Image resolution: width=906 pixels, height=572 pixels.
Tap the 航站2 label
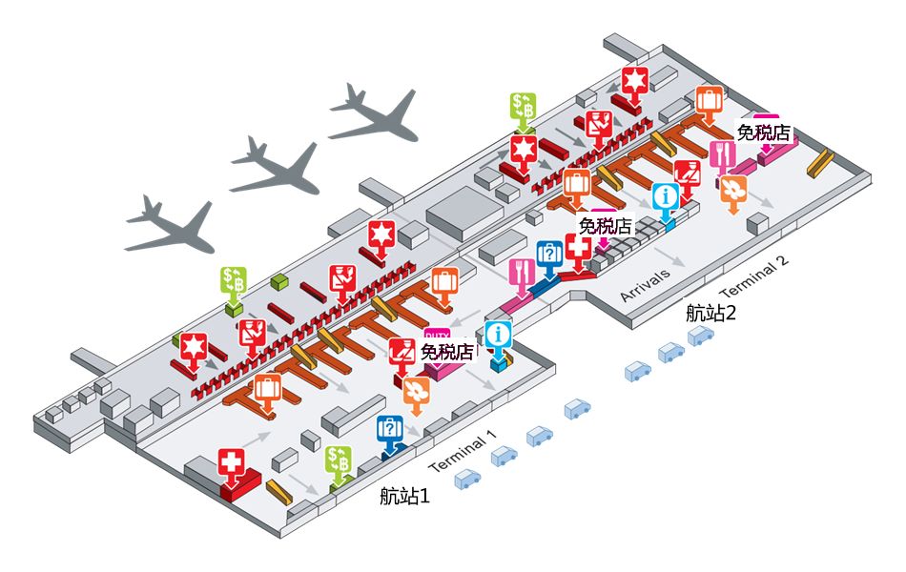coord(711,312)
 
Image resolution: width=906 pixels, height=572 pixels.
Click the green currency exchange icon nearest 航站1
coord(339,460)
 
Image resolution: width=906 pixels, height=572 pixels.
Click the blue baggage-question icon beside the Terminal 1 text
coord(389,431)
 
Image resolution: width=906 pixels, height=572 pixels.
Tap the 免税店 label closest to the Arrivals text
coord(606,226)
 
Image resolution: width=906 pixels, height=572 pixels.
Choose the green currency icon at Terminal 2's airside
coord(524,108)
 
